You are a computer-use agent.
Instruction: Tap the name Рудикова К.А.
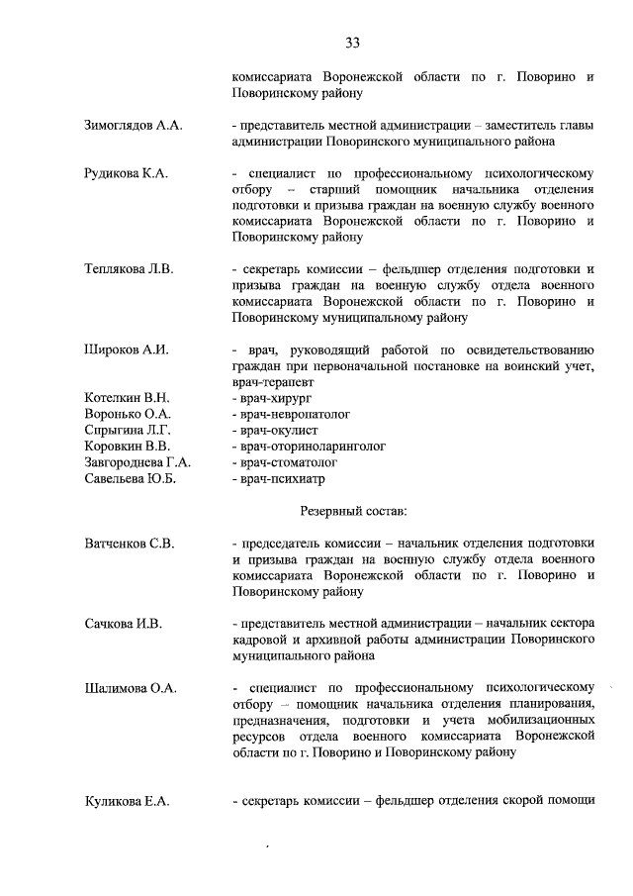tap(127, 174)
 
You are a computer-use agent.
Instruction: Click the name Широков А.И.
tap(126, 349)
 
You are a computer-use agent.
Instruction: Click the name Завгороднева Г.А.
tap(137, 461)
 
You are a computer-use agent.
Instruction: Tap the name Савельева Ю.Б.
tap(130, 478)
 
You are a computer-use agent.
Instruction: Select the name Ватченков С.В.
tap(129, 544)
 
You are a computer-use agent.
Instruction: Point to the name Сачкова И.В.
tap(123, 624)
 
